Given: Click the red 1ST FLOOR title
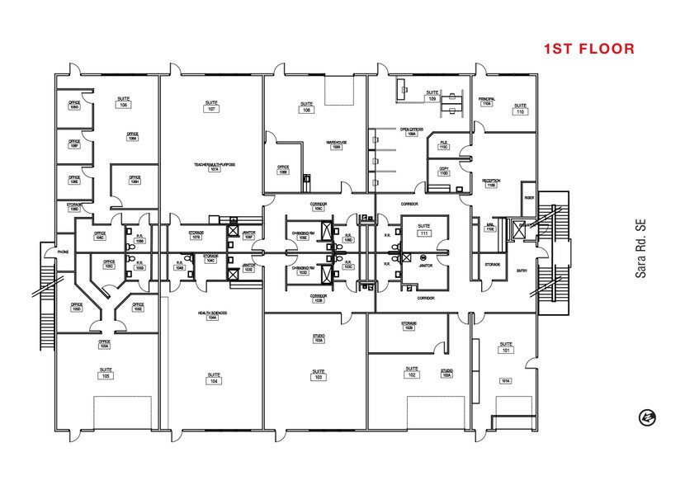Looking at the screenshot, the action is [588, 49].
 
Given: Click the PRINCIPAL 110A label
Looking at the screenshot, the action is [485, 101].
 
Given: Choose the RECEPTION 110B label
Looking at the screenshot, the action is [491, 183].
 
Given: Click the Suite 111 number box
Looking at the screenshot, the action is [424, 235].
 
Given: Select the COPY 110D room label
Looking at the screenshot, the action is [444, 171].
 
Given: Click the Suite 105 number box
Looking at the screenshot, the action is [106, 375].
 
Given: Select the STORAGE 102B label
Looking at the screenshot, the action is [409, 324].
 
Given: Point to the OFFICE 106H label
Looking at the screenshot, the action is [135, 179].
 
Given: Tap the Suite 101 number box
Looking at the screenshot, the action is [505, 350].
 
